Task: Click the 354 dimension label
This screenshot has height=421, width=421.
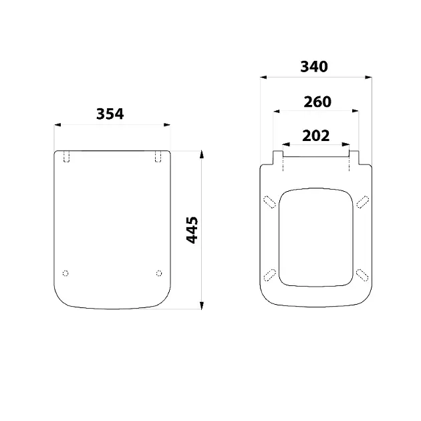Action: click(x=110, y=114)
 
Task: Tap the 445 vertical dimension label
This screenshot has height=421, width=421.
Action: click(x=192, y=230)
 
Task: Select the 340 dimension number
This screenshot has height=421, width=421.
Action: click(x=314, y=67)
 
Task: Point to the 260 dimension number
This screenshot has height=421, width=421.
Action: click(x=317, y=102)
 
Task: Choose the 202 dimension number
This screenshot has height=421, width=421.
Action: click(x=315, y=136)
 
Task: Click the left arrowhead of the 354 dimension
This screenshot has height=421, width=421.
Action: click(x=57, y=124)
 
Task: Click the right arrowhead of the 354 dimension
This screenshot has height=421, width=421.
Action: click(x=167, y=124)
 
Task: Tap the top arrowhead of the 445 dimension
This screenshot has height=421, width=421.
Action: click(x=202, y=154)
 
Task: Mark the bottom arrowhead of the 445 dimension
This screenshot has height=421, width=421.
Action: click(x=202, y=305)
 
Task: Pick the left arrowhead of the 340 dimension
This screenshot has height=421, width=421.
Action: click(x=263, y=78)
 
